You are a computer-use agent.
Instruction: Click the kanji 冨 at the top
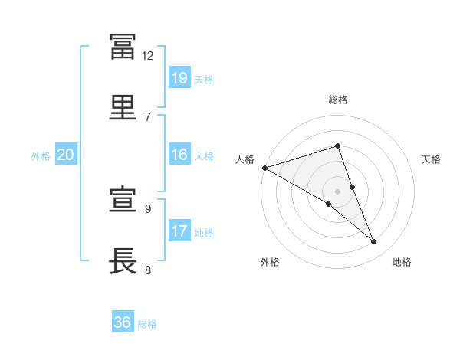tap(123, 47)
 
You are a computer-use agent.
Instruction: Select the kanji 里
tap(123, 108)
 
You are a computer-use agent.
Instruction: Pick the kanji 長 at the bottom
tap(123, 260)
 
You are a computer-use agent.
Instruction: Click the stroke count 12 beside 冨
tap(148, 56)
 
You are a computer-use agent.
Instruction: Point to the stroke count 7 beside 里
tap(148, 116)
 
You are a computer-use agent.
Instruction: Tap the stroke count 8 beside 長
tap(148, 269)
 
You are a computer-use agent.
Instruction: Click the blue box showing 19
tap(179, 78)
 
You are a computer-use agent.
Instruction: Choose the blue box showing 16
tap(179, 155)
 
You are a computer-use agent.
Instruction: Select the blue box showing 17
tap(179, 231)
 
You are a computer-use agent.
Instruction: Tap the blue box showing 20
tap(66, 155)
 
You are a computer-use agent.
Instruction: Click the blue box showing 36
tap(123, 322)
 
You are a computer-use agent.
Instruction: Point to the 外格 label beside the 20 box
tap(41, 155)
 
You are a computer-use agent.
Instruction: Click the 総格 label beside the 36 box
tap(147, 324)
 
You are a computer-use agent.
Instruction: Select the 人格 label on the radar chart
tap(245, 159)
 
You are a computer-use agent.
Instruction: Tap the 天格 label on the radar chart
tap(431, 159)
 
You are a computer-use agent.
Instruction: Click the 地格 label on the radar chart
tap(402, 262)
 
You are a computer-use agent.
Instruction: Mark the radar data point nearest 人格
tap(264, 168)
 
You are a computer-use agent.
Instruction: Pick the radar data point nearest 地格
tap(374, 242)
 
